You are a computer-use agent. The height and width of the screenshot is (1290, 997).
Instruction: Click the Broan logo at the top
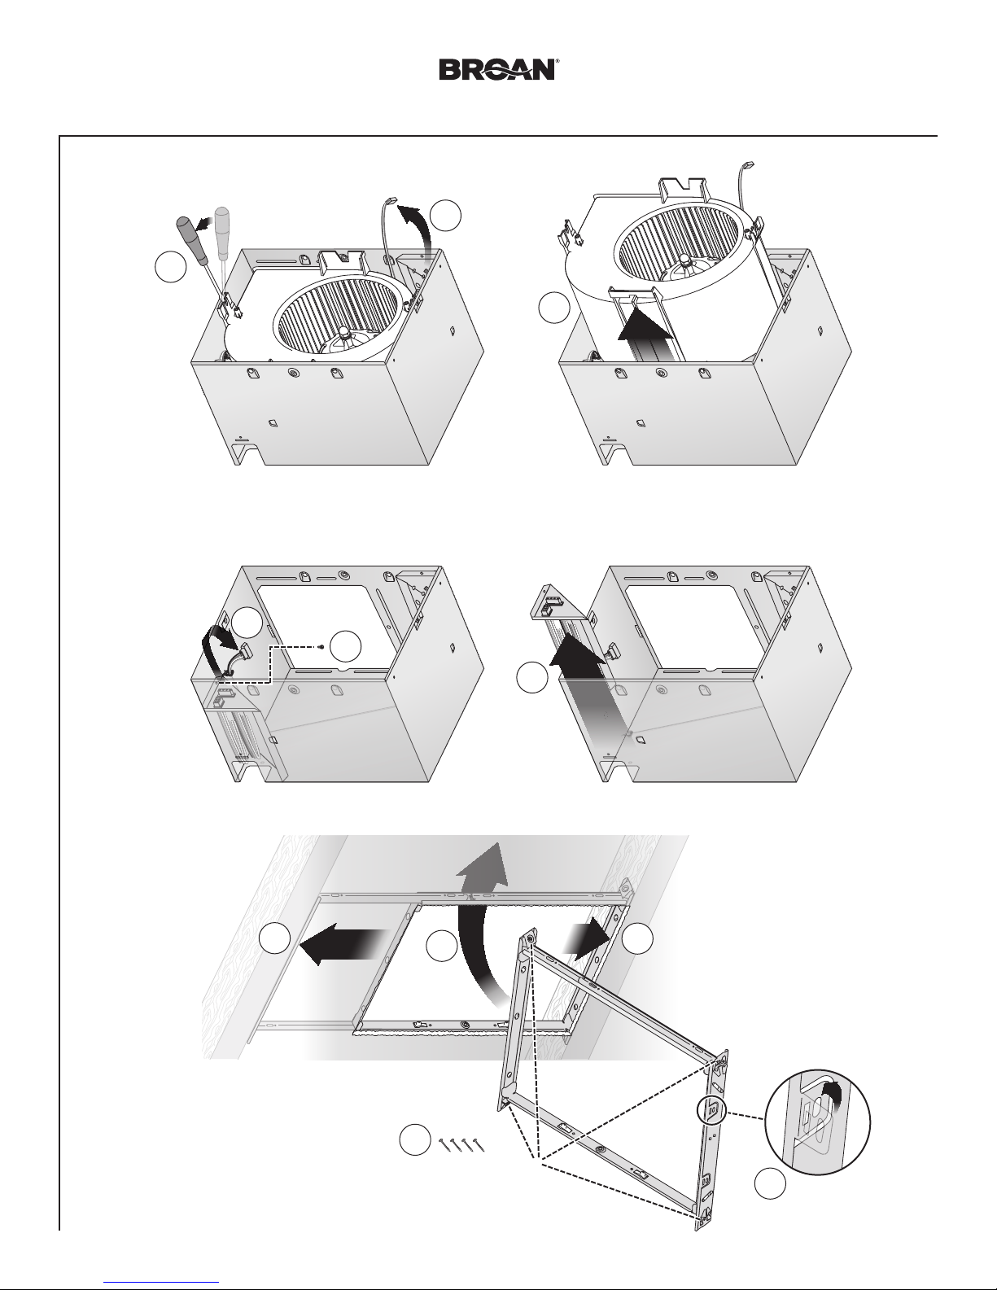tap(497, 69)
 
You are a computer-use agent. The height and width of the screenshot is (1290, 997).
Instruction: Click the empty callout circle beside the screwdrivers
tap(171, 267)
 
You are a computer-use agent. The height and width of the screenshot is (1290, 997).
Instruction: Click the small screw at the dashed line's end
tap(321, 647)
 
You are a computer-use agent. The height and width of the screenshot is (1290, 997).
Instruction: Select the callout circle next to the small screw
tap(345, 645)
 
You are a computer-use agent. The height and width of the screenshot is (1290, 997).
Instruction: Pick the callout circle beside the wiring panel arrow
tap(532, 677)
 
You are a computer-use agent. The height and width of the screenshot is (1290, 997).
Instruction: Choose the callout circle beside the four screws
tap(414, 1139)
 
